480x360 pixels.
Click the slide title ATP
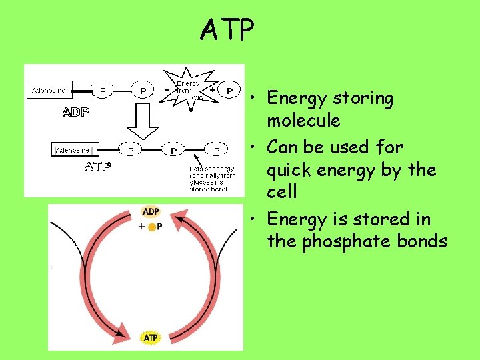(x=227, y=30)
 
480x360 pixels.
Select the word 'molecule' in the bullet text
(x=303, y=121)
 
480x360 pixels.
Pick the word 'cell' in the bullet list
(x=281, y=193)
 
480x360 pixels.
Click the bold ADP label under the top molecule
(x=75, y=111)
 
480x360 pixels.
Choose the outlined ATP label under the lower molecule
(x=97, y=167)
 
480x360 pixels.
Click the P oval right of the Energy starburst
(x=230, y=89)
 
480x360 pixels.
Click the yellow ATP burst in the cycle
(x=151, y=338)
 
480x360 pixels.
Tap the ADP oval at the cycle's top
(x=151, y=213)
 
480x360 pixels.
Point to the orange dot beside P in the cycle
(x=152, y=227)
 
